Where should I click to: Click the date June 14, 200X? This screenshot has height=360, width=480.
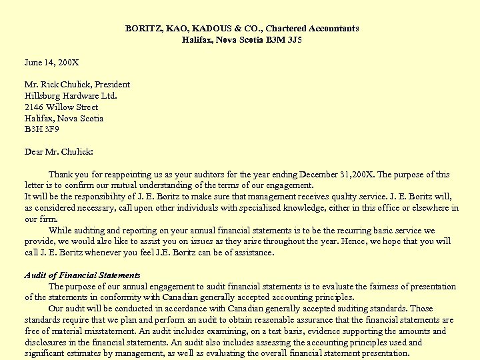pyautogui.click(x=51, y=62)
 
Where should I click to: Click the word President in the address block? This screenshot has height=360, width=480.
pyautogui.click(x=112, y=85)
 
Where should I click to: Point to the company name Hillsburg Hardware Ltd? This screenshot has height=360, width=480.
pyautogui.click(x=71, y=95)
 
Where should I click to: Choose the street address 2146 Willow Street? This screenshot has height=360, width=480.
pyautogui.click(x=61, y=107)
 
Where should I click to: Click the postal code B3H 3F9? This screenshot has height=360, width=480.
pyautogui.click(x=41, y=129)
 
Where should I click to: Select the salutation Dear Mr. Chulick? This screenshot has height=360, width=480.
pyautogui.click(x=59, y=151)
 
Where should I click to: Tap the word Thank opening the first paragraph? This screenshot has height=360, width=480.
pyautogui.click(x=61, y=175)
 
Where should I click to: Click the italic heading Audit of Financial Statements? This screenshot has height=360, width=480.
pyautogui.click(x=82, y=275)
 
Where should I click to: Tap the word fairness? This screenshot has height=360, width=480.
pyautogui.click(x=379, y=287)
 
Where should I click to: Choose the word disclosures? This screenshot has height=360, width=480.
pyautogui.click(x=46, y=343)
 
